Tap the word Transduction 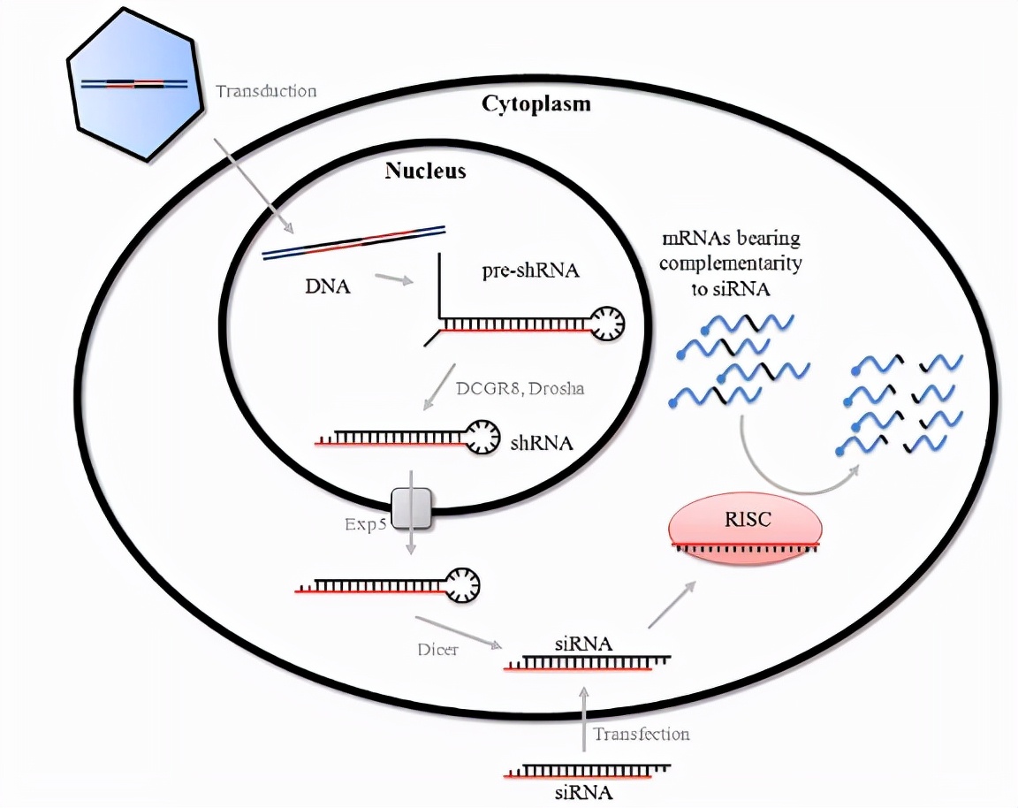coord(265,91)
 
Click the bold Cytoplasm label coord(536,104)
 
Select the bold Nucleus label coord(425,171)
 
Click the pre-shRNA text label coord(531,271)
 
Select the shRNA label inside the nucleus coord(542,442)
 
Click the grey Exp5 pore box coord(412,507)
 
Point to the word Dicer coord(437,650)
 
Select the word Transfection coord(641,734)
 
